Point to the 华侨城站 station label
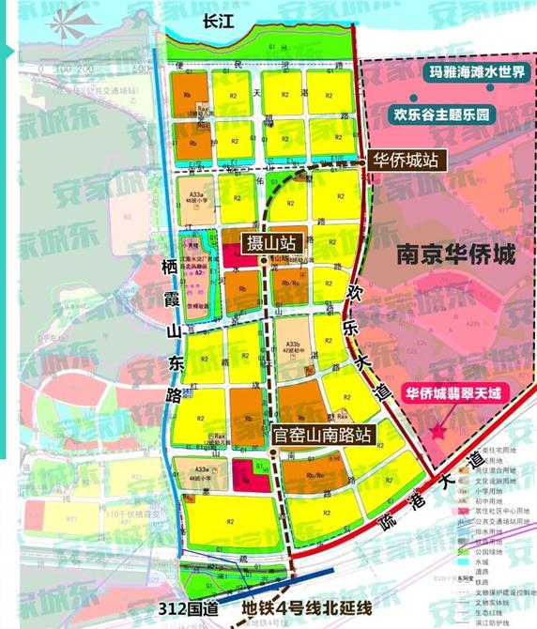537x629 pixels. [404, 160]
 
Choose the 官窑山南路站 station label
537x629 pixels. [323, 435]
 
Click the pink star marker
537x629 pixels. [437, 431]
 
